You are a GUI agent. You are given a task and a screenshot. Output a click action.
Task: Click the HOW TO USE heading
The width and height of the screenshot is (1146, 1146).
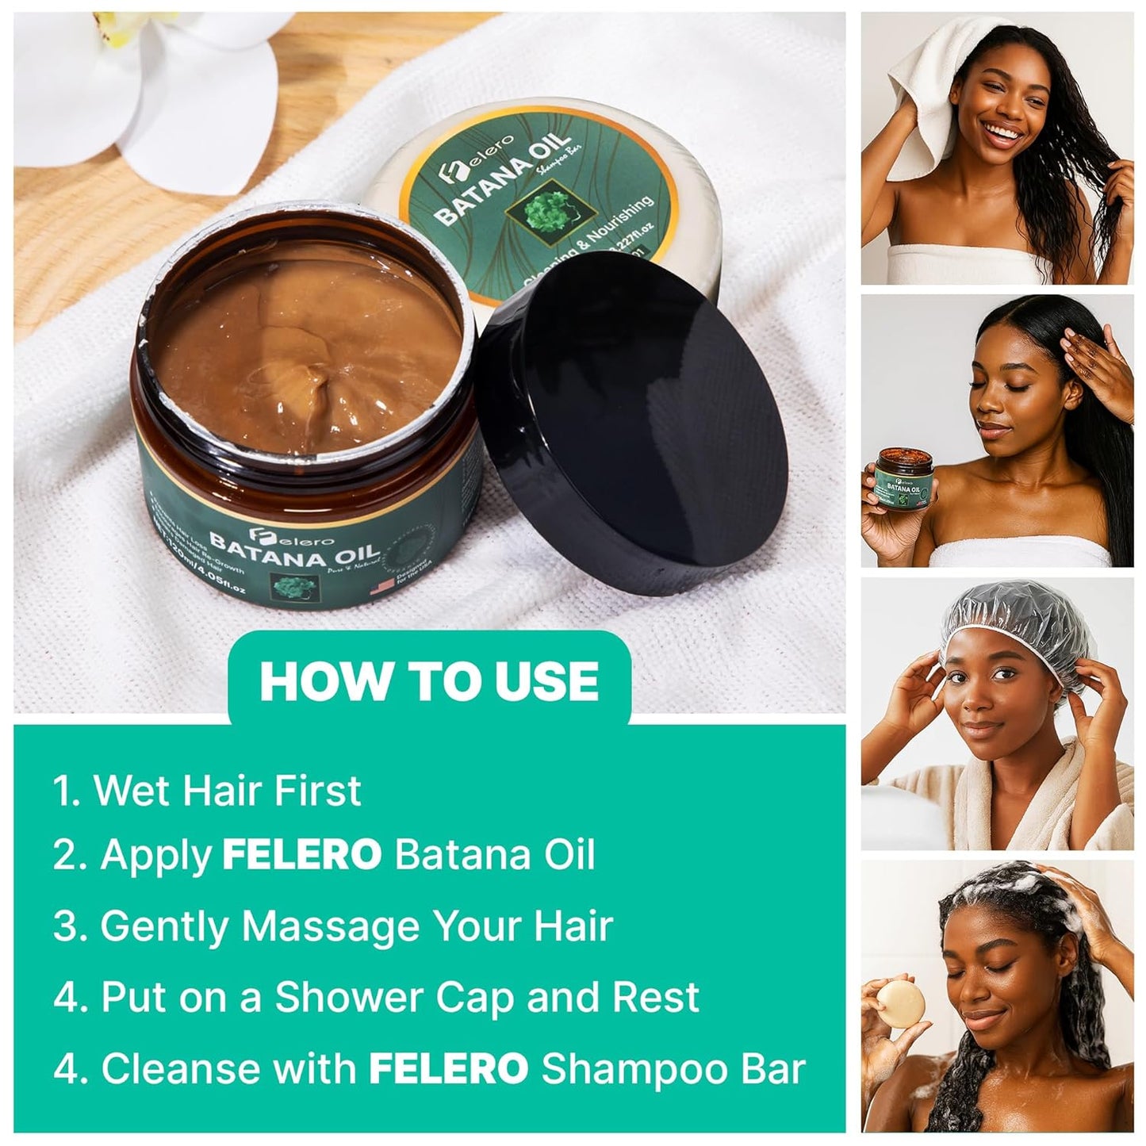click(x=429, y=680)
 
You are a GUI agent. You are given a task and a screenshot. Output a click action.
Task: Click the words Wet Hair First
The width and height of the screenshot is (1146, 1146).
click(x=228, y=791)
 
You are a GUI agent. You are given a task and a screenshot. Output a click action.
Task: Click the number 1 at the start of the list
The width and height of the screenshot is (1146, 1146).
click(x=63, y=791)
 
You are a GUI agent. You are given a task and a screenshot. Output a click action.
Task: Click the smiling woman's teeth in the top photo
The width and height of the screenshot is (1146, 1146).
click(x=1008, y=128)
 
